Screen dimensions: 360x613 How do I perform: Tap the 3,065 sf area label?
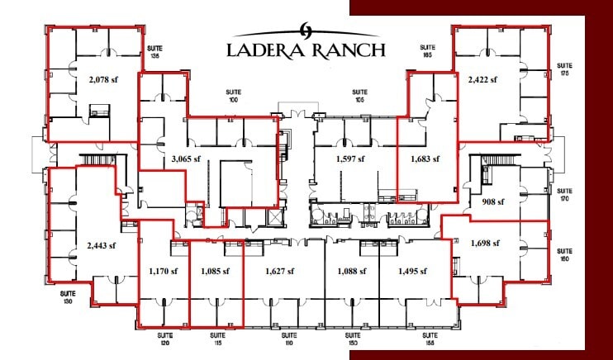pyautogui.click(x=186, y=159)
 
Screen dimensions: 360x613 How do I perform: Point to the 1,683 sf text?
pyautogui.click(x=425, y=159)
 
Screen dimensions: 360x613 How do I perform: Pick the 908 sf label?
pyautogui.click(x=493, y=201)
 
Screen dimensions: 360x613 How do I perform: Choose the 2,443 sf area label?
pyautogui.click(x=101, y=245)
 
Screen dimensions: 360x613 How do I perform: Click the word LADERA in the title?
pyautogui.click(x=268, y=50)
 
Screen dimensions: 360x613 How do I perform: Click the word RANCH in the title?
pyautogui.click(x=351, y=50)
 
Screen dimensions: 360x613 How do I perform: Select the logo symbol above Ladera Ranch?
pyautogui.click(x=305, y=27)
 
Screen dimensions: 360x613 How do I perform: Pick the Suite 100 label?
pyautogui.click(x=232, y=96)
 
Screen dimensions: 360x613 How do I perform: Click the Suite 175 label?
pyautogui.click(x=565, y=68)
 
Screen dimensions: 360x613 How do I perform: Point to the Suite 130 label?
pyautogui.click(x=68, y=296)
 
